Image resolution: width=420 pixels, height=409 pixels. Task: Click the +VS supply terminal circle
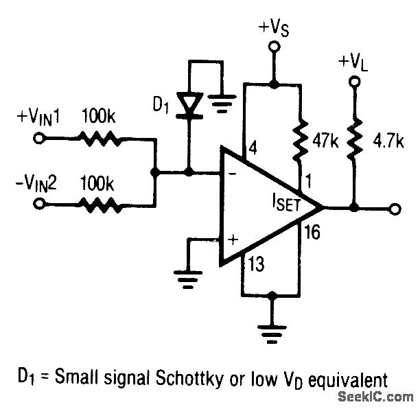coord(274,47)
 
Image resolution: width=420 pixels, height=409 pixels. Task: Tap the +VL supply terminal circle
coord(354,82)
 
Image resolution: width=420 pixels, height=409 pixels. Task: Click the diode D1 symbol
coord(189,104)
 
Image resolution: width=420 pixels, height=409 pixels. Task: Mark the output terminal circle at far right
coord(394,207)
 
